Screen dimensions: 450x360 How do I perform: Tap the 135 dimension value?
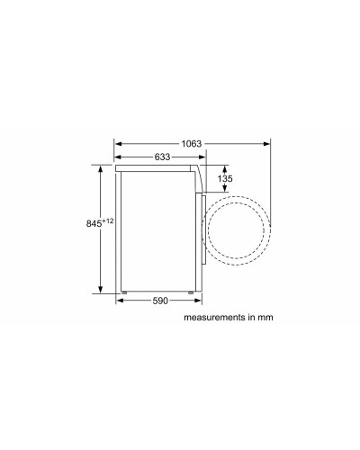[227, 178]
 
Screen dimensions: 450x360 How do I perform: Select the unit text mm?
[265, 318]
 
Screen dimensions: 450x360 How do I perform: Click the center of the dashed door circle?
[238, 229]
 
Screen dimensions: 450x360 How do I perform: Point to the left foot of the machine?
[126, 291]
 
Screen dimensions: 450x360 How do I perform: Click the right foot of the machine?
[192, 291]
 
